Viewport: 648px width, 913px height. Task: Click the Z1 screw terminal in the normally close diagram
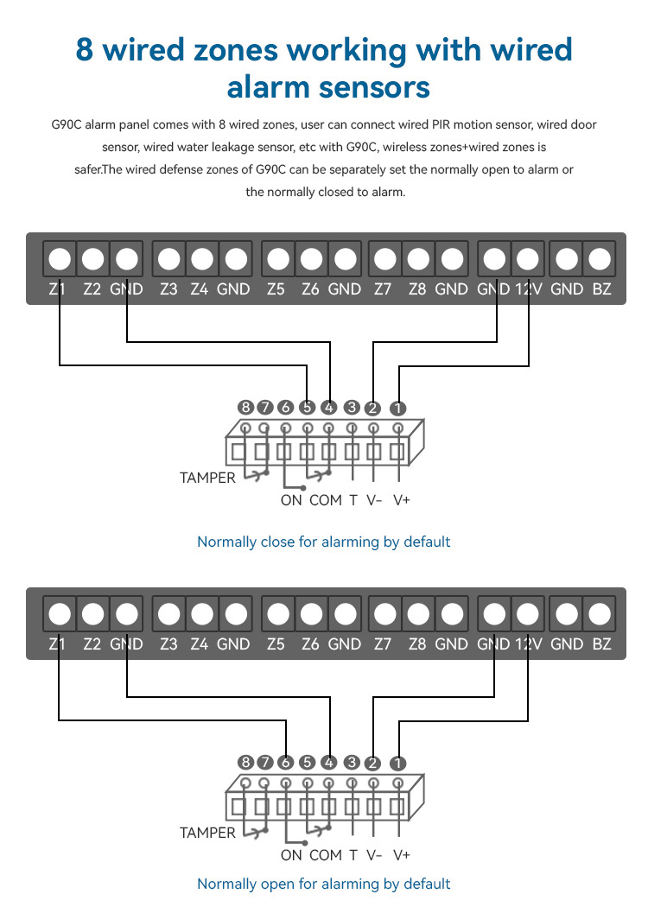click(60, 258)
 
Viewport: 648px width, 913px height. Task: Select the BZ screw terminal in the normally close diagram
click(600, 258)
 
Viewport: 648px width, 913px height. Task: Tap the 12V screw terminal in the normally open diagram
click(527, 613)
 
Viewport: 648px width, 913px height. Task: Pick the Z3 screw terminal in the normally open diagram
click(169, 613)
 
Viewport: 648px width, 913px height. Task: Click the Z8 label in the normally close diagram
click(417, 289)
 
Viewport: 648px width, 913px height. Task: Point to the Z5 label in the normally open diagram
click(276, 644)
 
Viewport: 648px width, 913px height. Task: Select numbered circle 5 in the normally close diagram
click(307, 408)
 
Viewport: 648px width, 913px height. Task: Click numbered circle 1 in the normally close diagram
click(397, 408)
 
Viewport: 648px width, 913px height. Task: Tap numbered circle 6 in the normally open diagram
click(285, 763)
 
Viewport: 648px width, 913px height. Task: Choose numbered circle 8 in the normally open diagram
click(246, 763)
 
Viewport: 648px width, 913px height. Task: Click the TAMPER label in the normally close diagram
click(207, 478)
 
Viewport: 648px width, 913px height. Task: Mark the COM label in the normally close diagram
click(326, 500)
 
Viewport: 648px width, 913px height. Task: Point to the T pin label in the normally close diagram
click(353, 500)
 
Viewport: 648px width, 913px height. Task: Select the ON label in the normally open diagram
click(291, 855)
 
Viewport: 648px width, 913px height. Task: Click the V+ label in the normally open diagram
click(402, 855)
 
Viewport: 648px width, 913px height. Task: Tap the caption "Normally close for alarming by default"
click(324, 542)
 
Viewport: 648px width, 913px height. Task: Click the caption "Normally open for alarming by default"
click(324, 884)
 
